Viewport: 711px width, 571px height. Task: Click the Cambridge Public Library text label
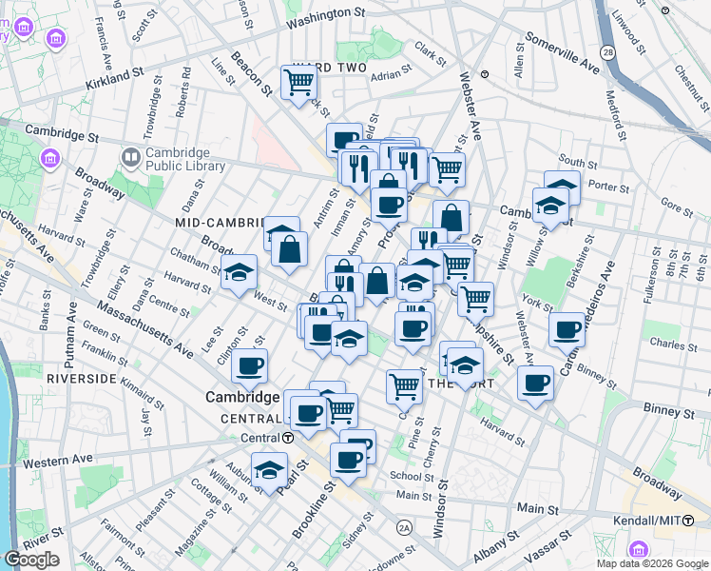click(x=186, y=159)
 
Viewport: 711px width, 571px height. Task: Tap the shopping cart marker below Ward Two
click(x=298, y=84)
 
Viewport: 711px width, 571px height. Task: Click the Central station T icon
click(x=287, y=438)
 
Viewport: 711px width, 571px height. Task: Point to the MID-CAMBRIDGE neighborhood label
click(x=218, y=222)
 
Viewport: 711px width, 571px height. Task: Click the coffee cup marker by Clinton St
click(x=249, y=365)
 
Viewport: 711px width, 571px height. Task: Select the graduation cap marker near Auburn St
click(x=269, y=470)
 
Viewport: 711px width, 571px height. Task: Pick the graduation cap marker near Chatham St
click(x=239, y=272)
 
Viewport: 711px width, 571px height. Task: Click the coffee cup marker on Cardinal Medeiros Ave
click(x=567, y=330)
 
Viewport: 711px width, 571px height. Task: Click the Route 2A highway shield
click(x=404, y=525)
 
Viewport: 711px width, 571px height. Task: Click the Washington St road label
click(x=325, y=16)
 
